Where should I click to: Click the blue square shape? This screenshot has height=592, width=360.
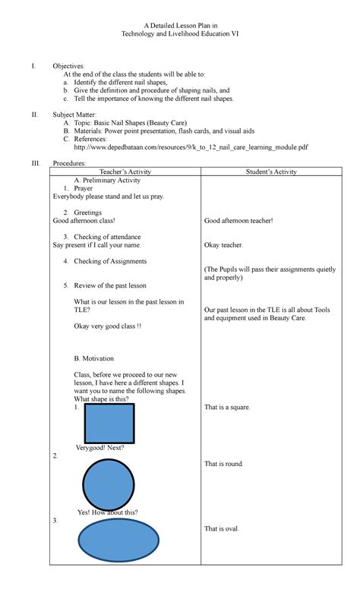109,423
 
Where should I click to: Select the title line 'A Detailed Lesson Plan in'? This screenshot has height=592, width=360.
180,27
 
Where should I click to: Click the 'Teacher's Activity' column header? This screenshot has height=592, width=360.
125,172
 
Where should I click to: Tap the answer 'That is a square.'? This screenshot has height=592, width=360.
227,408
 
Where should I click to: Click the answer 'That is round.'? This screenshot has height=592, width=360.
224,463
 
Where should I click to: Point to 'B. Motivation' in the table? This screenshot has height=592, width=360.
96,357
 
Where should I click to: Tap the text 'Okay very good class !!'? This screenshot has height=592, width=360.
107,326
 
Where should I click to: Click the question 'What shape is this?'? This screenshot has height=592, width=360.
101,399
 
